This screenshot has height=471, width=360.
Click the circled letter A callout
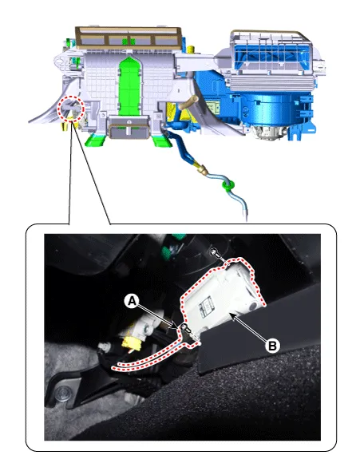point(132,301)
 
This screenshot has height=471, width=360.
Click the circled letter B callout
point(272,346)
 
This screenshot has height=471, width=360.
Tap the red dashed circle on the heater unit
point(70,108)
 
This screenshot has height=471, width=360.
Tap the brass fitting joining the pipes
point(202,170)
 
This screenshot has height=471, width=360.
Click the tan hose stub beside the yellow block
point(188,102)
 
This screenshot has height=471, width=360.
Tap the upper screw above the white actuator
point(215,252)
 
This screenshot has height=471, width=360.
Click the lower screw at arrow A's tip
point(184,327)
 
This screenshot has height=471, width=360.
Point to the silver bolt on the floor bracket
point(63,392)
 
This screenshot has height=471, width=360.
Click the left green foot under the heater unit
point(96,140)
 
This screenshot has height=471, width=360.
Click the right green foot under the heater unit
point(161,141)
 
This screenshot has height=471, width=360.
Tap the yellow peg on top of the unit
point(190,49)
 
